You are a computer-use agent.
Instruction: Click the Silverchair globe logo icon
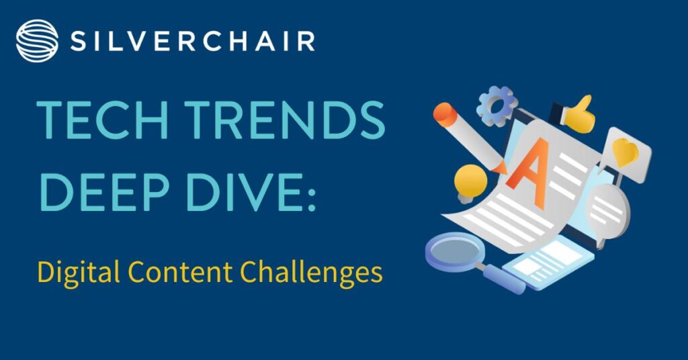coord(37,41)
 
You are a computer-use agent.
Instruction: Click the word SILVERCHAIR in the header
coord(193,42)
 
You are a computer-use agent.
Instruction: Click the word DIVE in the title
coord(243,191)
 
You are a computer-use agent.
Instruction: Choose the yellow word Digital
coord(79,273)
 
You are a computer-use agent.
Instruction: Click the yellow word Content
coord(180,272)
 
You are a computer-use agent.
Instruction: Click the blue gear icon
coord(497,105)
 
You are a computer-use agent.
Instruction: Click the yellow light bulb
coord(470,183)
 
